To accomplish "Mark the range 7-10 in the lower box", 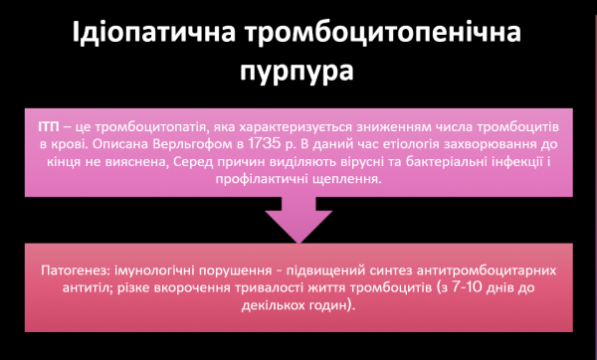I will click(461, 290).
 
